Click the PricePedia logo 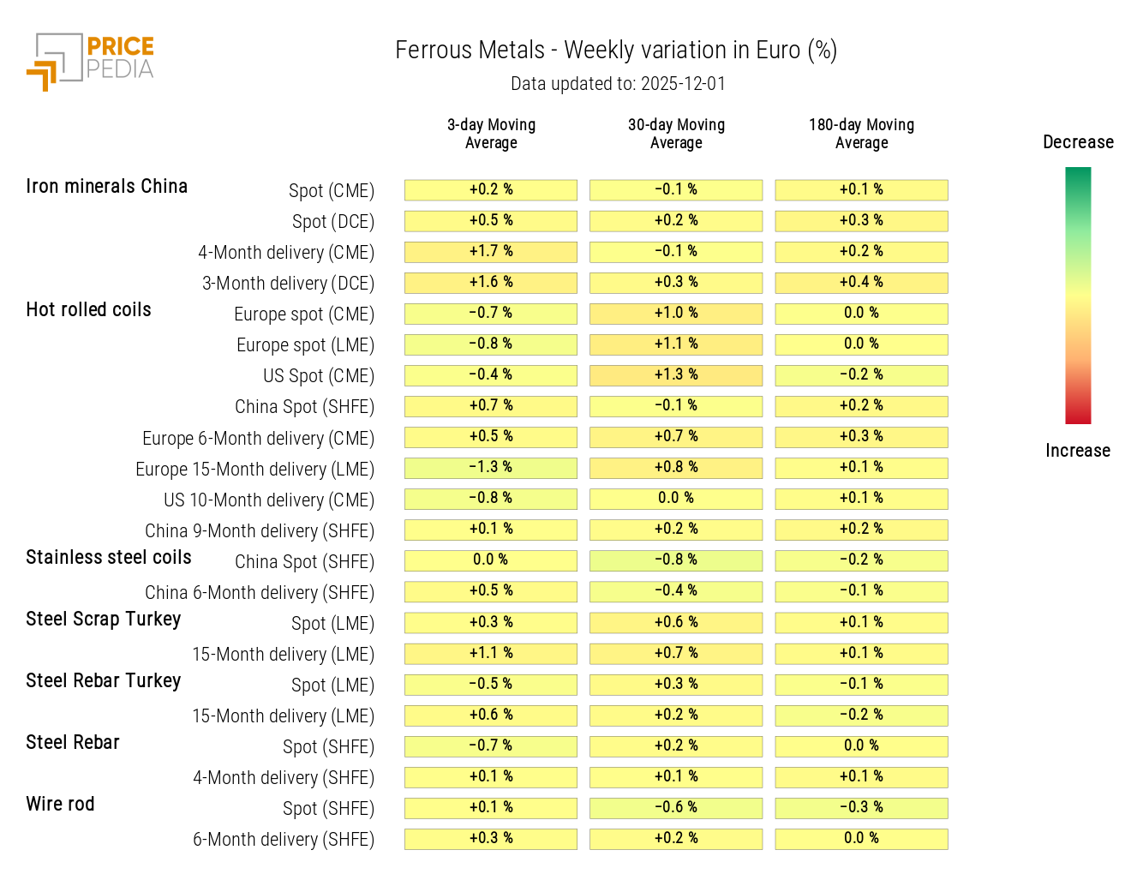91,61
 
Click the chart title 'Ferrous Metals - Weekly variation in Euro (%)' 615,51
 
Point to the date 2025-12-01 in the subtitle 683,84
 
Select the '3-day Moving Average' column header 491,134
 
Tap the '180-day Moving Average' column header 861,134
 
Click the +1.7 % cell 491,252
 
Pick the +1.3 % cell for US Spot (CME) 676,375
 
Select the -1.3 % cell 491,468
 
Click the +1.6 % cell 491,283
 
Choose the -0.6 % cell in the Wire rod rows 676,808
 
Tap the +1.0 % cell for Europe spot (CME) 676,314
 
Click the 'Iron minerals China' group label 106,187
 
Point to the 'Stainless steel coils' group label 109,558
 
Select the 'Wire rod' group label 60,805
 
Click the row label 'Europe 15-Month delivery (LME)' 254,470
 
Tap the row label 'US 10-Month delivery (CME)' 269,500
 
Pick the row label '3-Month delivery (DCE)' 288,284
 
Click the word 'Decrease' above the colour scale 1078,142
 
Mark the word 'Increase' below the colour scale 1078,451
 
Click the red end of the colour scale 1078,416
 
